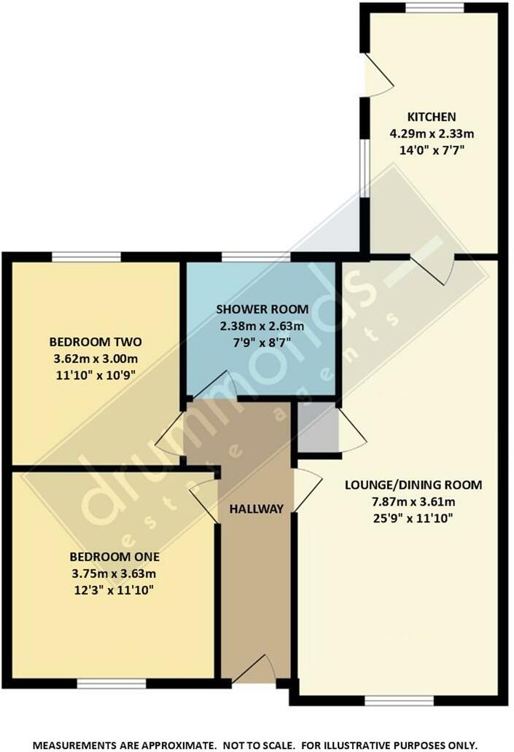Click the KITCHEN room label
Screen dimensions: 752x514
[431, 117]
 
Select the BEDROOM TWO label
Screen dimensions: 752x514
[95, 342]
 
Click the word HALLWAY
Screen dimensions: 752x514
[255, 509]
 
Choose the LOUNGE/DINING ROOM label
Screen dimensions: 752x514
[413, 485]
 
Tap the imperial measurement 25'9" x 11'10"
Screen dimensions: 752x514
[413, 518]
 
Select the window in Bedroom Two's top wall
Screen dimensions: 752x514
[86, 256]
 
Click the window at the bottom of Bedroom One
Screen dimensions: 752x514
[112, 684]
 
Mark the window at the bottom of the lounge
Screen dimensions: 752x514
[399, 700]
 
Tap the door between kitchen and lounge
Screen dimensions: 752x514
[433, 268]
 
